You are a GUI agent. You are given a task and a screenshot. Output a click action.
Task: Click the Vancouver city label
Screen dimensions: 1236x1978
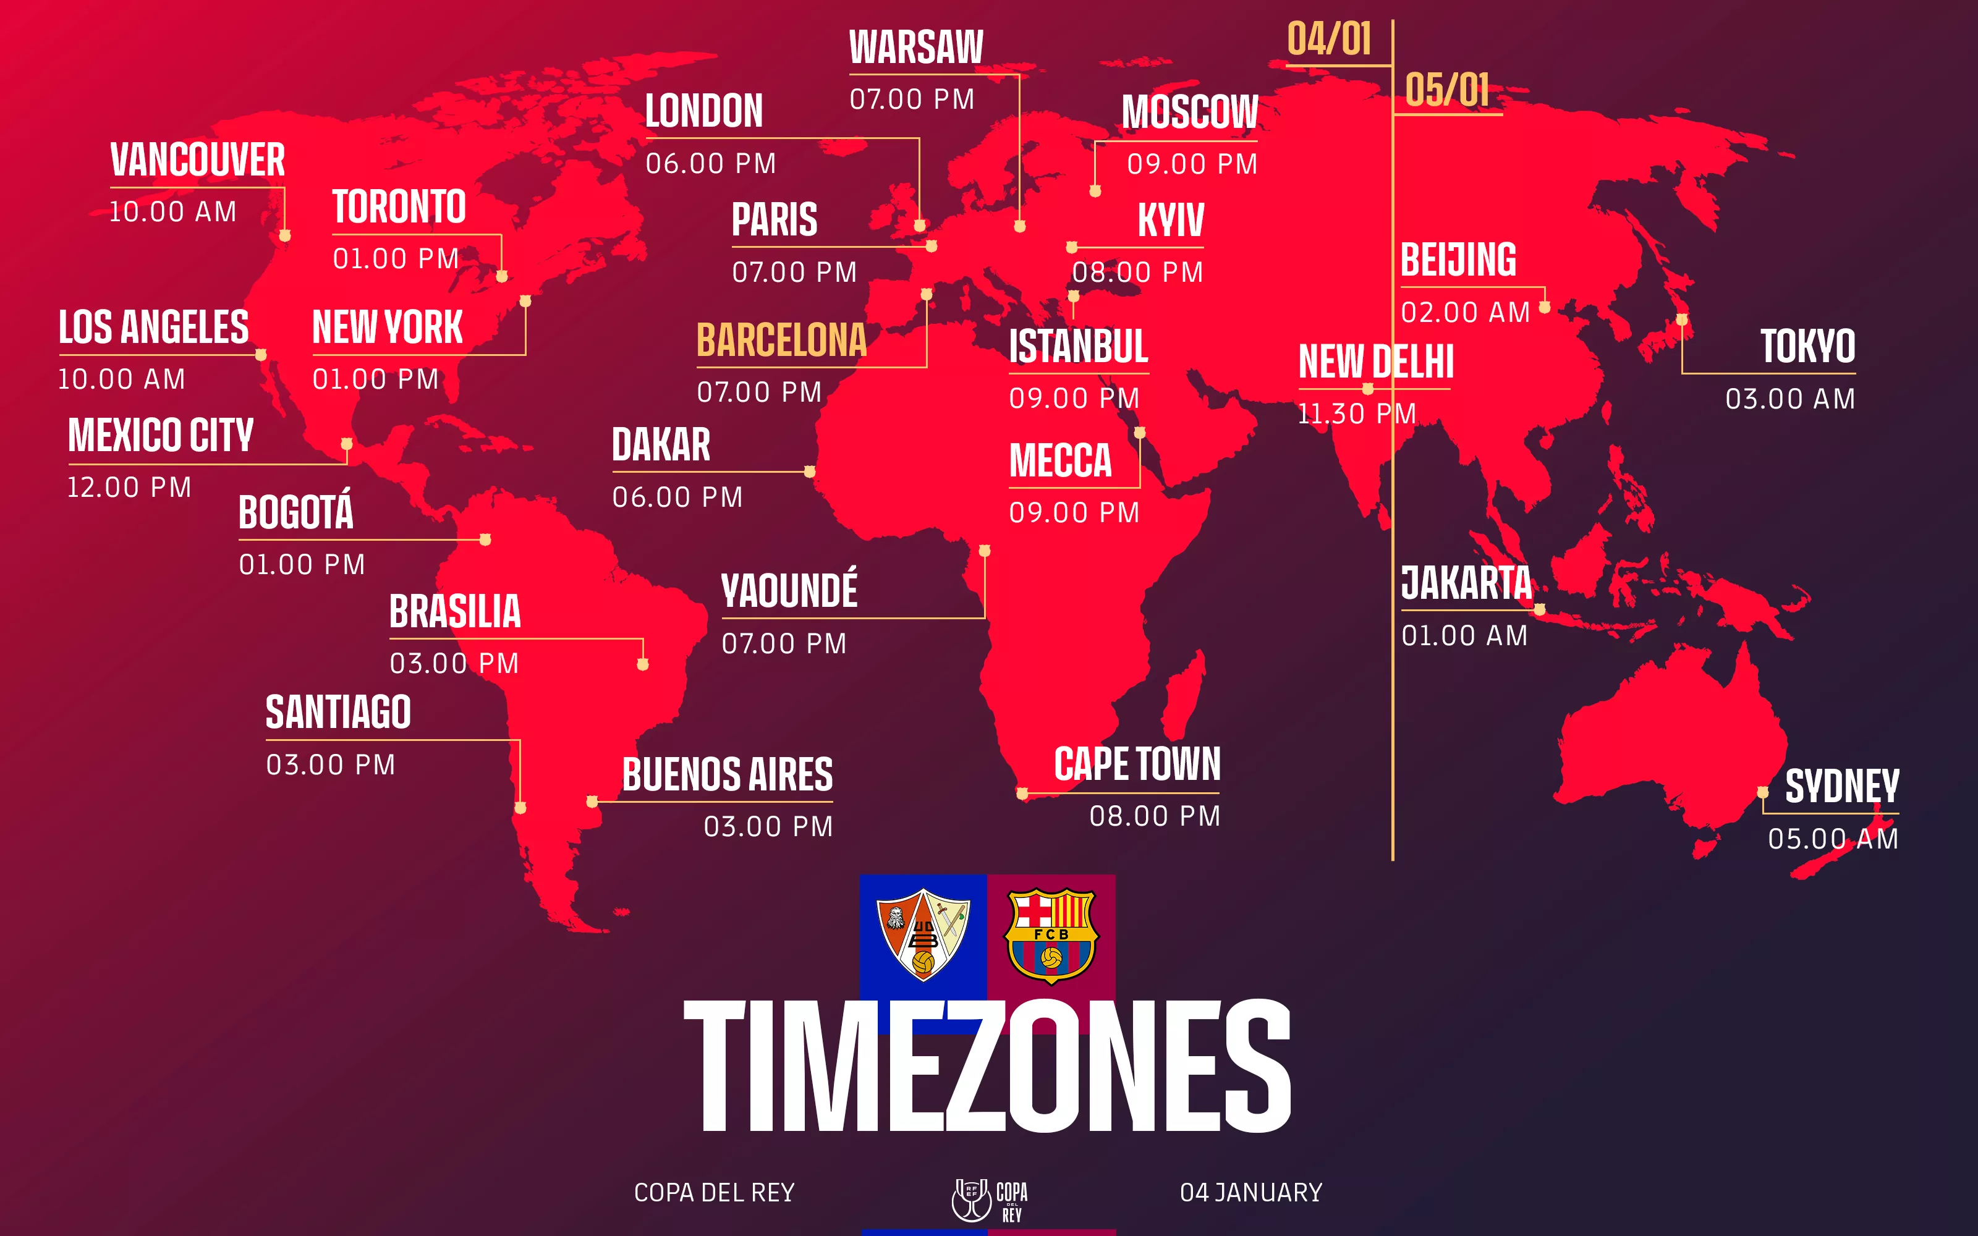point(198,159)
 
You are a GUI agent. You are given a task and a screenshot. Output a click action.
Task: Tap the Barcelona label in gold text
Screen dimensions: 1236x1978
point(781,340)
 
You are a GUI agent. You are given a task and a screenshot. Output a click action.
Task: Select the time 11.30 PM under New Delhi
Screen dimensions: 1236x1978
point(1357,413)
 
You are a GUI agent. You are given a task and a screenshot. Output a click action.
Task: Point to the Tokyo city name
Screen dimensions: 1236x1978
point(1807,346)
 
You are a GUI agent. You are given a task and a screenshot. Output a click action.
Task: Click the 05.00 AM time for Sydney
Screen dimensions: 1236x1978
point(1833,839)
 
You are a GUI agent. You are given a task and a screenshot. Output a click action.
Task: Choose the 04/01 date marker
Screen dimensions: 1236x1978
point(1329,39)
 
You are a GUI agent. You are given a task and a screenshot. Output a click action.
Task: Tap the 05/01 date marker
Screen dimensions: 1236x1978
point(1446,90)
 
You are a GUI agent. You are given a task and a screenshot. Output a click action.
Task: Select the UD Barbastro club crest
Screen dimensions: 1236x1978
point(923,934)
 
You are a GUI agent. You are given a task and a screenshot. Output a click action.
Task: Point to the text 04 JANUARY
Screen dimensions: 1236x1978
point(1250,1193)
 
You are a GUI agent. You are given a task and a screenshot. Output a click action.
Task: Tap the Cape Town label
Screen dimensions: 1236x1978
point(1137,764)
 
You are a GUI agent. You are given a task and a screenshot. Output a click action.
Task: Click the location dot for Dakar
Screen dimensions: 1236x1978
point(809,472)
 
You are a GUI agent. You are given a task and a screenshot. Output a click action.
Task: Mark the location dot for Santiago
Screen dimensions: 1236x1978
point(520,808)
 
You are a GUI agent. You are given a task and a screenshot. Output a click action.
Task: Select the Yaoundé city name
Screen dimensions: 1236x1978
point(789,590)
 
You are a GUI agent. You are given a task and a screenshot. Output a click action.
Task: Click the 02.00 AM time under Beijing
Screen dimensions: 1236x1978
point(1465,312)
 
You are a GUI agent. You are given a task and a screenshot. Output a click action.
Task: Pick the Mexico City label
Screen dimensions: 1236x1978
point(160,435)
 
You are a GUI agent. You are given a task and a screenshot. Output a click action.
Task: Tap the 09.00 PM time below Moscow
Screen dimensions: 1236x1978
point(1192,164)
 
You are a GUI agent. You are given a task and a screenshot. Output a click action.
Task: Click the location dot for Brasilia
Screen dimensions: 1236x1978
point(642,664)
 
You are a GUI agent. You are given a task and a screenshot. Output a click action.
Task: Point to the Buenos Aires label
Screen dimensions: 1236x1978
point(728,775)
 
